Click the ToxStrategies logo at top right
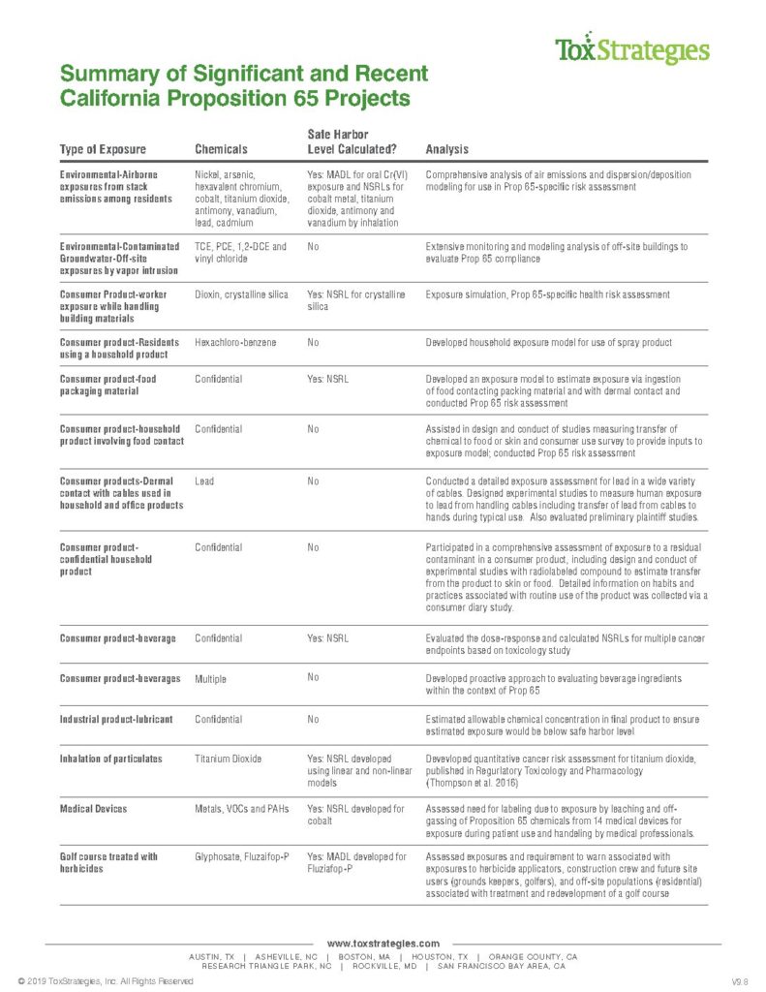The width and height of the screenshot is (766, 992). click(x=631, y=49)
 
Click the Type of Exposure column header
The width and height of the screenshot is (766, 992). click(x=103, y=149)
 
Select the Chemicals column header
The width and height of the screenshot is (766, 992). click(x=221, y=149)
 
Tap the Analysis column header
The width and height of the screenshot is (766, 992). click(x=447, y=149)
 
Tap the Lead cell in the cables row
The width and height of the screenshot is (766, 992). click(x=204, y=480)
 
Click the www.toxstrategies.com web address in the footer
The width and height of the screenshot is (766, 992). click(x=383, y=943)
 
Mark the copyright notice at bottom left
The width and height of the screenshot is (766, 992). click(x=99, y=981)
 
